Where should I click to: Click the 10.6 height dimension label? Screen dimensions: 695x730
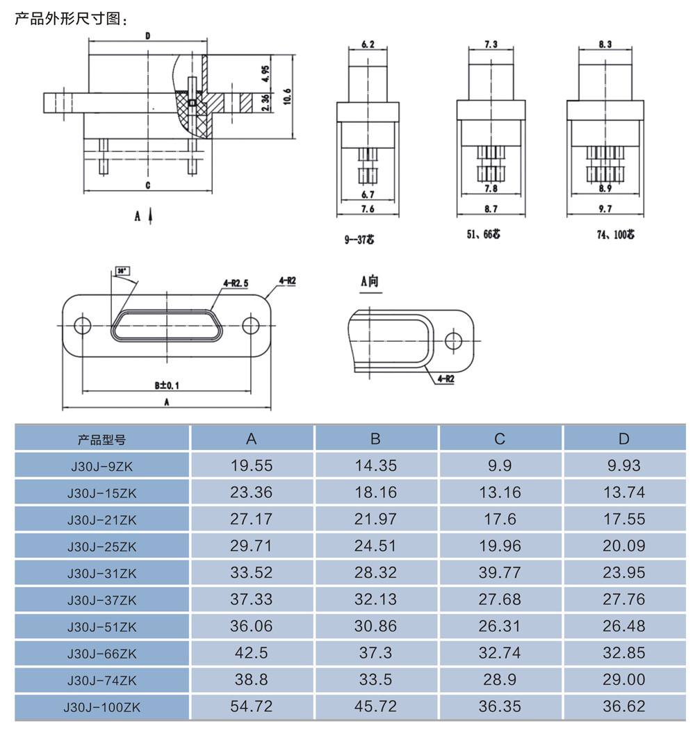click(288, 97)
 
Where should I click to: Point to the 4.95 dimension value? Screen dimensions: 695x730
click(265, 74)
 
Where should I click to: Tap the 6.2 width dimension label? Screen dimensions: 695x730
click(368, 44)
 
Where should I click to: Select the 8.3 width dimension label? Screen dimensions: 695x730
click(605, 44)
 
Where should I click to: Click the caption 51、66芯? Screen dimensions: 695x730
click(484, 233)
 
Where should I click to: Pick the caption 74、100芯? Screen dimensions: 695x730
click(615, 234)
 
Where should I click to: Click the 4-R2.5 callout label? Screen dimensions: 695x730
click(236, 283)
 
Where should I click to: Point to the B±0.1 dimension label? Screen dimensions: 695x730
click(167, 385)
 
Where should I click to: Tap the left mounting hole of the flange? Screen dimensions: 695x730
click(83, 326)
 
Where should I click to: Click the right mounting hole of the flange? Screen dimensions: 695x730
click(251, 326)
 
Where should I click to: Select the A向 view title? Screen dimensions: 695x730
click(370, 281)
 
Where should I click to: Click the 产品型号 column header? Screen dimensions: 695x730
click(101, 439)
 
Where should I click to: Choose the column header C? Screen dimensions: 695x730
click(499, 438)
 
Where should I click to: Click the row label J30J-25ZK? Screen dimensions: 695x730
click(102, 547)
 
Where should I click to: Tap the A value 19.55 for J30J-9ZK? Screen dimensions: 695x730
click(252, 465)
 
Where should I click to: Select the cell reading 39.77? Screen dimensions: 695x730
click(499, 572)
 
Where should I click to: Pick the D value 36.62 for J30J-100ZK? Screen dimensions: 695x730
click(623, 706)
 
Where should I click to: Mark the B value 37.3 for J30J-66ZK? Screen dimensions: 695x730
click(375, 653)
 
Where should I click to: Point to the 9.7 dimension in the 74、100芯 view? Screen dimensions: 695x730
click(605, 209)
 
